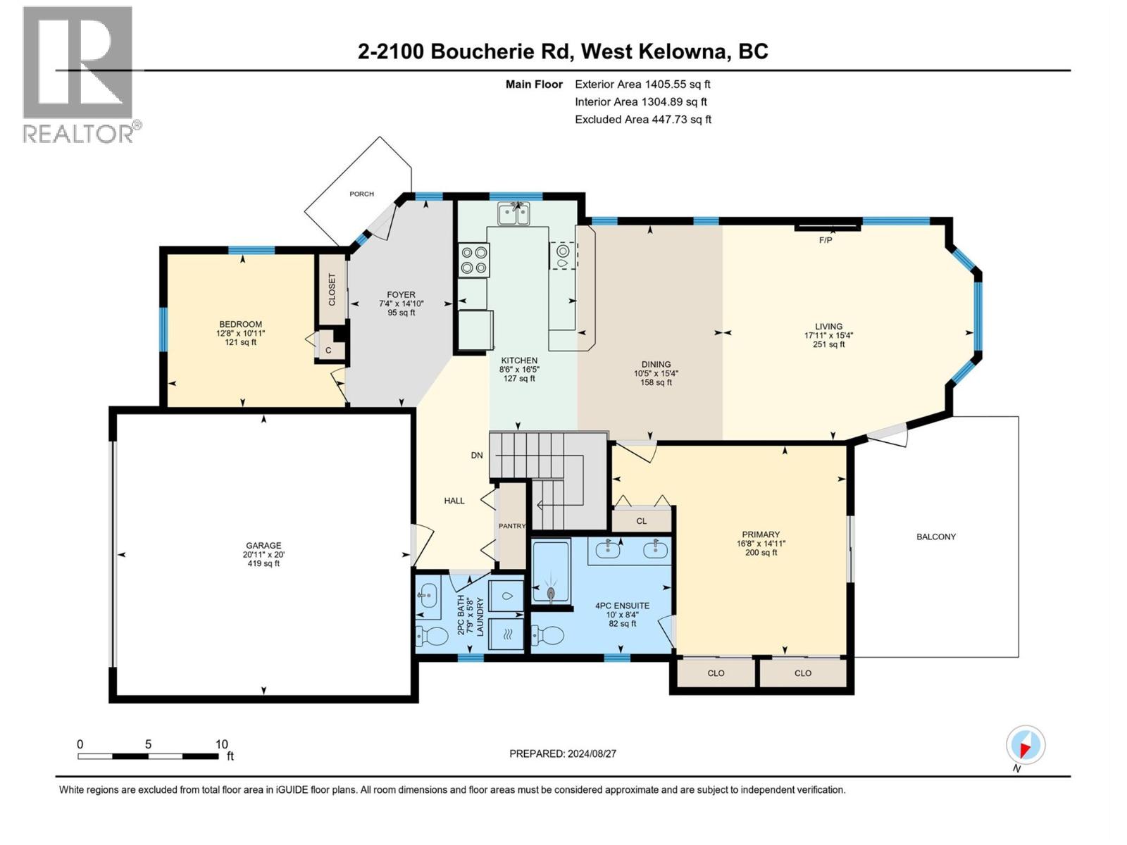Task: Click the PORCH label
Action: point(362,194)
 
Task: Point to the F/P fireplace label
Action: point(826,240)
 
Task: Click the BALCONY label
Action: point(935,537)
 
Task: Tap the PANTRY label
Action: point(512,526)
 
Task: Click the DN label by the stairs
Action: point(477,455)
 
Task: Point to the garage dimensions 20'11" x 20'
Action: point(263,554)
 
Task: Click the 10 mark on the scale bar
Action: point(221,744)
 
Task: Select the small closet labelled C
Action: point(328,350)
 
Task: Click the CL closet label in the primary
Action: point(641,521)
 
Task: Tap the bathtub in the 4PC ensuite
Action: point(551,571)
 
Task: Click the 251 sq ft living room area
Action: point(828,344)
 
